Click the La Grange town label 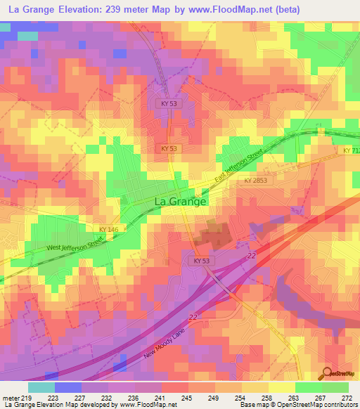(180, 202)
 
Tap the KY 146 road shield (108, 229)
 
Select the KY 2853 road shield (257, 181)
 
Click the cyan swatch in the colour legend (41, 387)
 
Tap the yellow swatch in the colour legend (281, 387)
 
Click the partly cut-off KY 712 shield (351, 151)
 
